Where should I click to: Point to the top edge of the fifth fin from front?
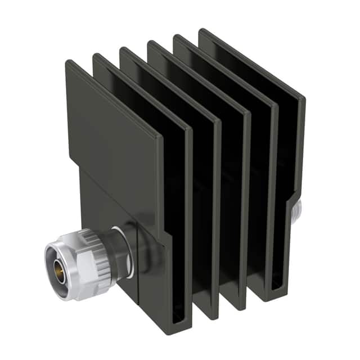225,69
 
